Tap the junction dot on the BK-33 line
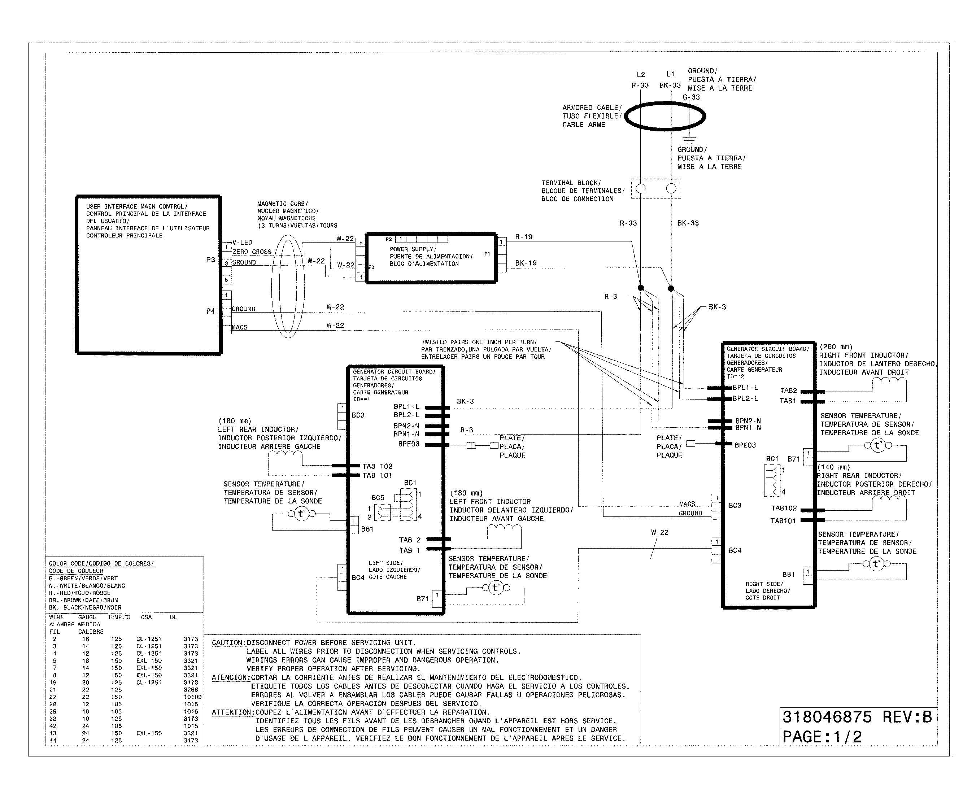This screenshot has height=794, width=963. [x=671, y=288]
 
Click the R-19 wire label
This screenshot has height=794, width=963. [x=523, y=237]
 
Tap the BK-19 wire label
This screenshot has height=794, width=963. [x=526, y=263]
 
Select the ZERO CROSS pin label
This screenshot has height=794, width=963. [x=252, y=252]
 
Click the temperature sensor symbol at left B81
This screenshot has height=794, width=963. [x=301, y=514]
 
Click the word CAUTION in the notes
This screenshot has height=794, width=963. [x=228, y=643]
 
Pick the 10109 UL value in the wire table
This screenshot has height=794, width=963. [x=192, y=697]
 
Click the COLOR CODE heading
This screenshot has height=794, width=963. [x=101, y=563]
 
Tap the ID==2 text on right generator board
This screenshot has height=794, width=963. [x=735, y=376]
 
